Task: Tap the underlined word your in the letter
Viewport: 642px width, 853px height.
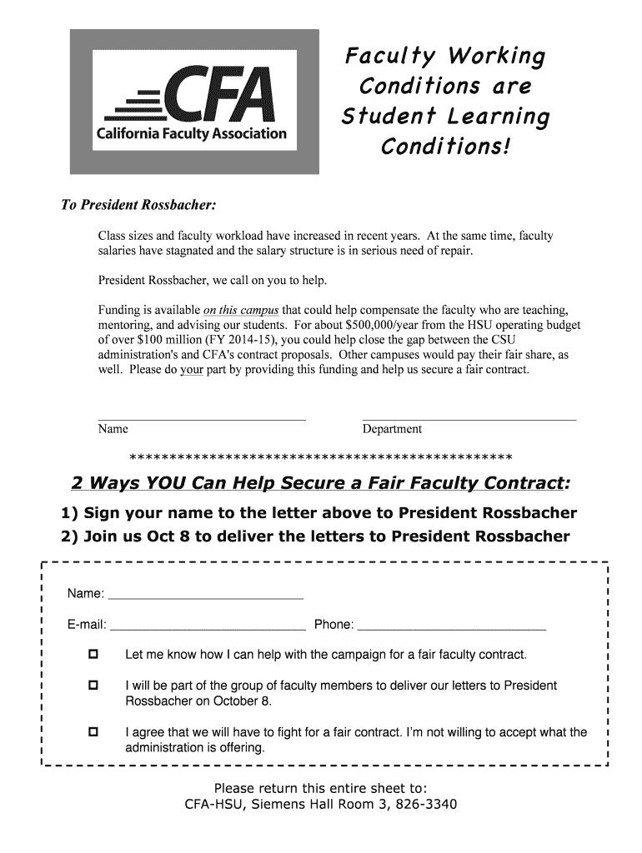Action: (x=192, y=370)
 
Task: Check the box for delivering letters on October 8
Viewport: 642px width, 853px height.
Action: (x=93, y=685)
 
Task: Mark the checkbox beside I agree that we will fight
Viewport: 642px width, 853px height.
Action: (x=93, y=731)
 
